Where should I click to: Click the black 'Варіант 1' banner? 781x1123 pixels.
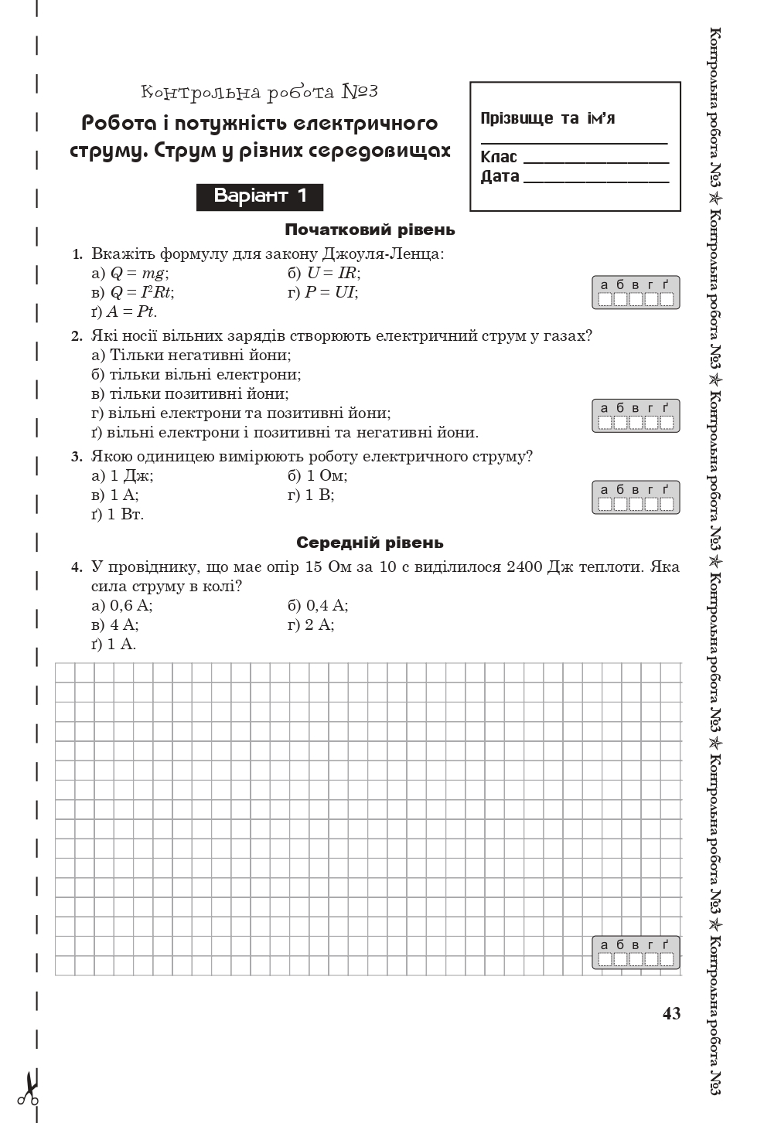pos(260,196)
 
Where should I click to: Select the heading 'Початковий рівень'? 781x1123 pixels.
pos(370,230)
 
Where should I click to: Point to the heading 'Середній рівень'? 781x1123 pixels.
pos(370,543)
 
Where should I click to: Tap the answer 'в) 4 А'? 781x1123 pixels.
pos(115,624)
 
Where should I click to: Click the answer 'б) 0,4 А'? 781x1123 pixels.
pos(318,605)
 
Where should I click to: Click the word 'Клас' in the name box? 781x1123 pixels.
pos(499,157)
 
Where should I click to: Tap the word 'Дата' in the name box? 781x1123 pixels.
pos(500,176)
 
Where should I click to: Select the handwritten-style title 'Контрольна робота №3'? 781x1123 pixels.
pos(260,92)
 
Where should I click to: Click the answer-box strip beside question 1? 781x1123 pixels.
pos(636,293)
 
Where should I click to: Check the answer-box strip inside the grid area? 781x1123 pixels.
pos(636,953)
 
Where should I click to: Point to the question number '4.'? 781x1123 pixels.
pos(77,567)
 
